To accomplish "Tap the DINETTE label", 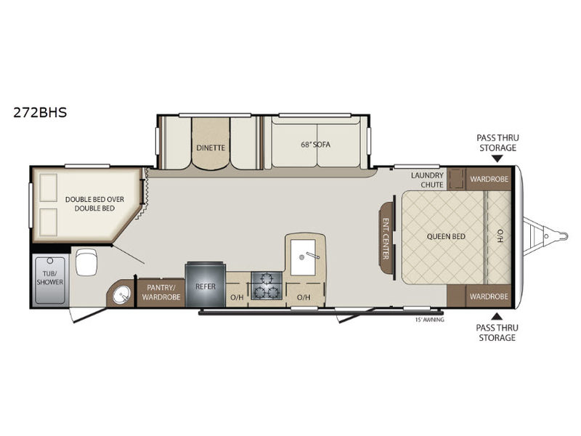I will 210,148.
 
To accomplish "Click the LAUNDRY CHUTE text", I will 426,179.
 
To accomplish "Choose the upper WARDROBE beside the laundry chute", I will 488,179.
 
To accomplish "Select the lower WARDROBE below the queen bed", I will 488,296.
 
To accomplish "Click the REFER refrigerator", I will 206,286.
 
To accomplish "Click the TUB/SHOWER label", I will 49,278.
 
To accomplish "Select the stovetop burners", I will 267,285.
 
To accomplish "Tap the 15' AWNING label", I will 429,319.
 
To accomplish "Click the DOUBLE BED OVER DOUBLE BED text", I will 89,203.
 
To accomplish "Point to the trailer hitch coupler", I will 560,235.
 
